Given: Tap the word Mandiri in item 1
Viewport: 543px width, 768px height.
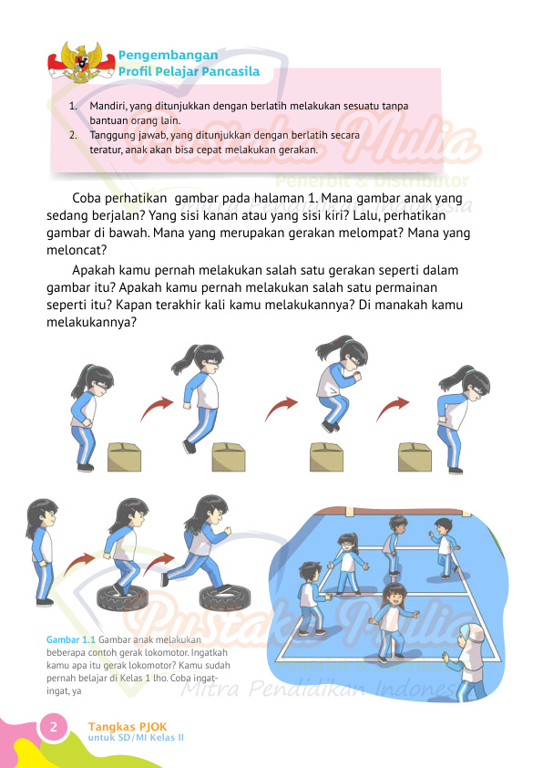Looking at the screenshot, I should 108,106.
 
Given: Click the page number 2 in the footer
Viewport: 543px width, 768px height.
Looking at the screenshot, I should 53,727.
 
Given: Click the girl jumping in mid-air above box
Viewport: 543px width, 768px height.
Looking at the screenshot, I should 333,383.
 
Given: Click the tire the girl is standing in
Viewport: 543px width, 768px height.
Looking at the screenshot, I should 123,597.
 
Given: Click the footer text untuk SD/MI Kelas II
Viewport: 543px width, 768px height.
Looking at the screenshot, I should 135,736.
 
